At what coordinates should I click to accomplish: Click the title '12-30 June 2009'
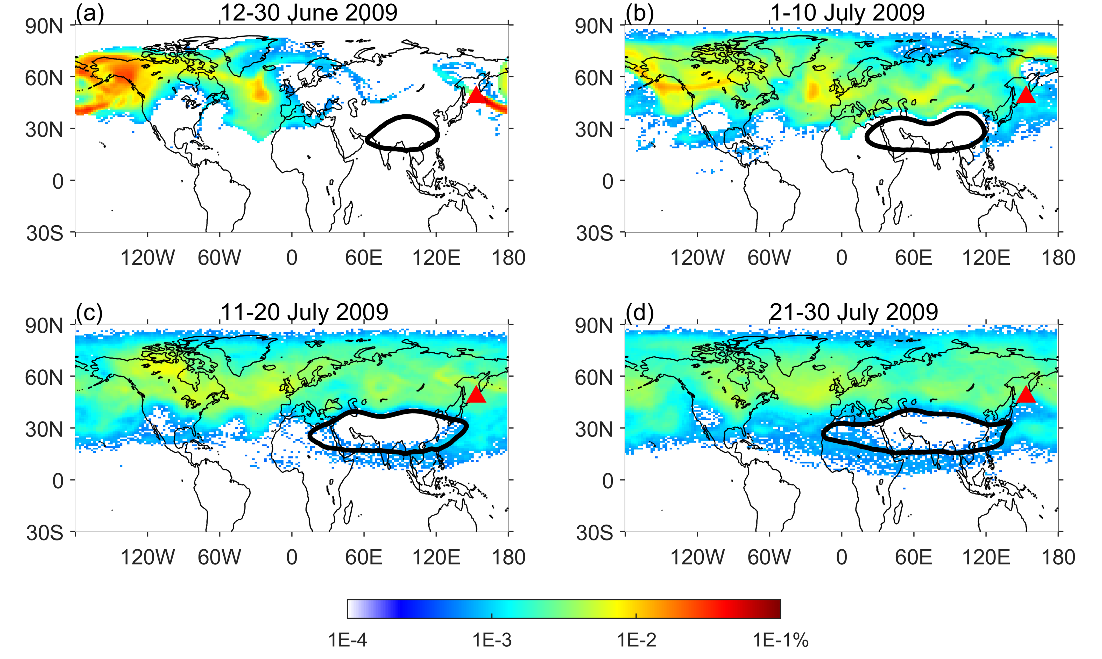coord(309,12)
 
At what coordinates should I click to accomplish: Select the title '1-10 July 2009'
coord(847,12)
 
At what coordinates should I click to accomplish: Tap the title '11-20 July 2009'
coord(304,312)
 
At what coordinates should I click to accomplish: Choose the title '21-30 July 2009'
coord(853,312)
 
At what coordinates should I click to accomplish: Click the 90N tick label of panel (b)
coord(594,27)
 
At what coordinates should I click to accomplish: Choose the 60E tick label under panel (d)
coord(914,557)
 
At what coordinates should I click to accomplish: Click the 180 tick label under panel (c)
coord(508,557)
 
